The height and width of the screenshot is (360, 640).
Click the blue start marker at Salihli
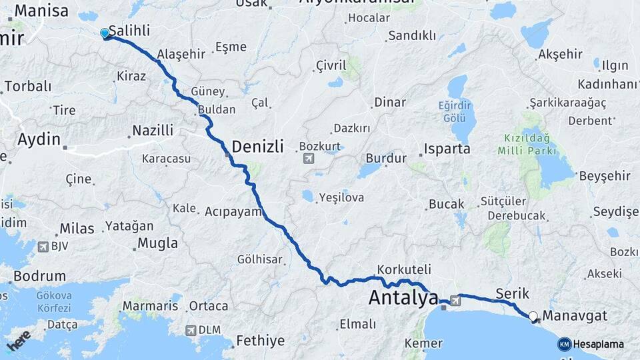105,33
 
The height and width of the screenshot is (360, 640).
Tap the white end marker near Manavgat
533,317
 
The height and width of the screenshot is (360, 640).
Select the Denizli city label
257,146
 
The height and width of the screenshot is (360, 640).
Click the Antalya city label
403,298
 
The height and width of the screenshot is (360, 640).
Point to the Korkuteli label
403,270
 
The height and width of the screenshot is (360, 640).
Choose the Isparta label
447,149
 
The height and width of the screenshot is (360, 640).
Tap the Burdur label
386,159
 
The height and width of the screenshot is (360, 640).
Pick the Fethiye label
260,341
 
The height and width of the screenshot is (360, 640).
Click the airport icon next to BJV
43,246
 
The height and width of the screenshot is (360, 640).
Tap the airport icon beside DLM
191,330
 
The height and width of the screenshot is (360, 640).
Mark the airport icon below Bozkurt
308,159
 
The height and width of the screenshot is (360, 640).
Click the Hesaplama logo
590,344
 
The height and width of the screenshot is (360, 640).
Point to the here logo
19,340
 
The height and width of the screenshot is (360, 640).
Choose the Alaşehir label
181,54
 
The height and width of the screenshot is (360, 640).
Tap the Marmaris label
150,306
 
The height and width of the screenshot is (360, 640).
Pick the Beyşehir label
605,175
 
